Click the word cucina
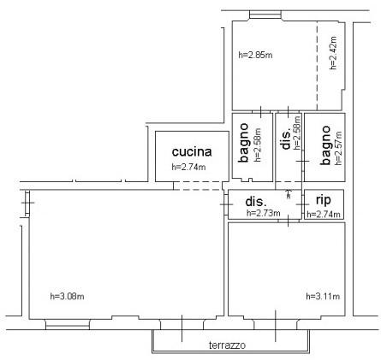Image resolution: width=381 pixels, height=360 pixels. pos(192,151)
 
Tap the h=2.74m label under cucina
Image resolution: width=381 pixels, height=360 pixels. pos(188,167)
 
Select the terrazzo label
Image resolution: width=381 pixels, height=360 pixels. pos(227,345)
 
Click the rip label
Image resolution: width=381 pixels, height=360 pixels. pos(324,200)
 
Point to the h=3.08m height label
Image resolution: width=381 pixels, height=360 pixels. pos(67,297)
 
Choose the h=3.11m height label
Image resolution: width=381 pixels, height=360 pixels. pos(323,297)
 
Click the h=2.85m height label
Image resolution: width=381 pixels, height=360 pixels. pos(255,55)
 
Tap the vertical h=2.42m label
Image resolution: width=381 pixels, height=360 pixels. pos(333,53)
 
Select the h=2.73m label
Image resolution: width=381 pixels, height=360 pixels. pos(264,213)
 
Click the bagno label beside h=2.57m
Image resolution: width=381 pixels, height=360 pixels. pos(325,145)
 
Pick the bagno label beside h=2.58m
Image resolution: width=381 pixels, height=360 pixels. pos(243,143)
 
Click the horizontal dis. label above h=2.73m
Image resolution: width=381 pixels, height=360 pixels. pos(256,202)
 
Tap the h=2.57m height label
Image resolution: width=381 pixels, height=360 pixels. pos(338,148)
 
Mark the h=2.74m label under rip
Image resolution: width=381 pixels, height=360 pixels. pos(324,215)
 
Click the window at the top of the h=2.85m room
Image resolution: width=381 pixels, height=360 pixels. pos(265,15)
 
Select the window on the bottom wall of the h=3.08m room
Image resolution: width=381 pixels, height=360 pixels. pos(68,324)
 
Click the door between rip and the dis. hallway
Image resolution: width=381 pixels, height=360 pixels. pos(303,204)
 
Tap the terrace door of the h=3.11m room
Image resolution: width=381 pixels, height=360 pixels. pos(276,325)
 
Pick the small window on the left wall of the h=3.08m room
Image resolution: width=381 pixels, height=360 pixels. pos(27,203)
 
